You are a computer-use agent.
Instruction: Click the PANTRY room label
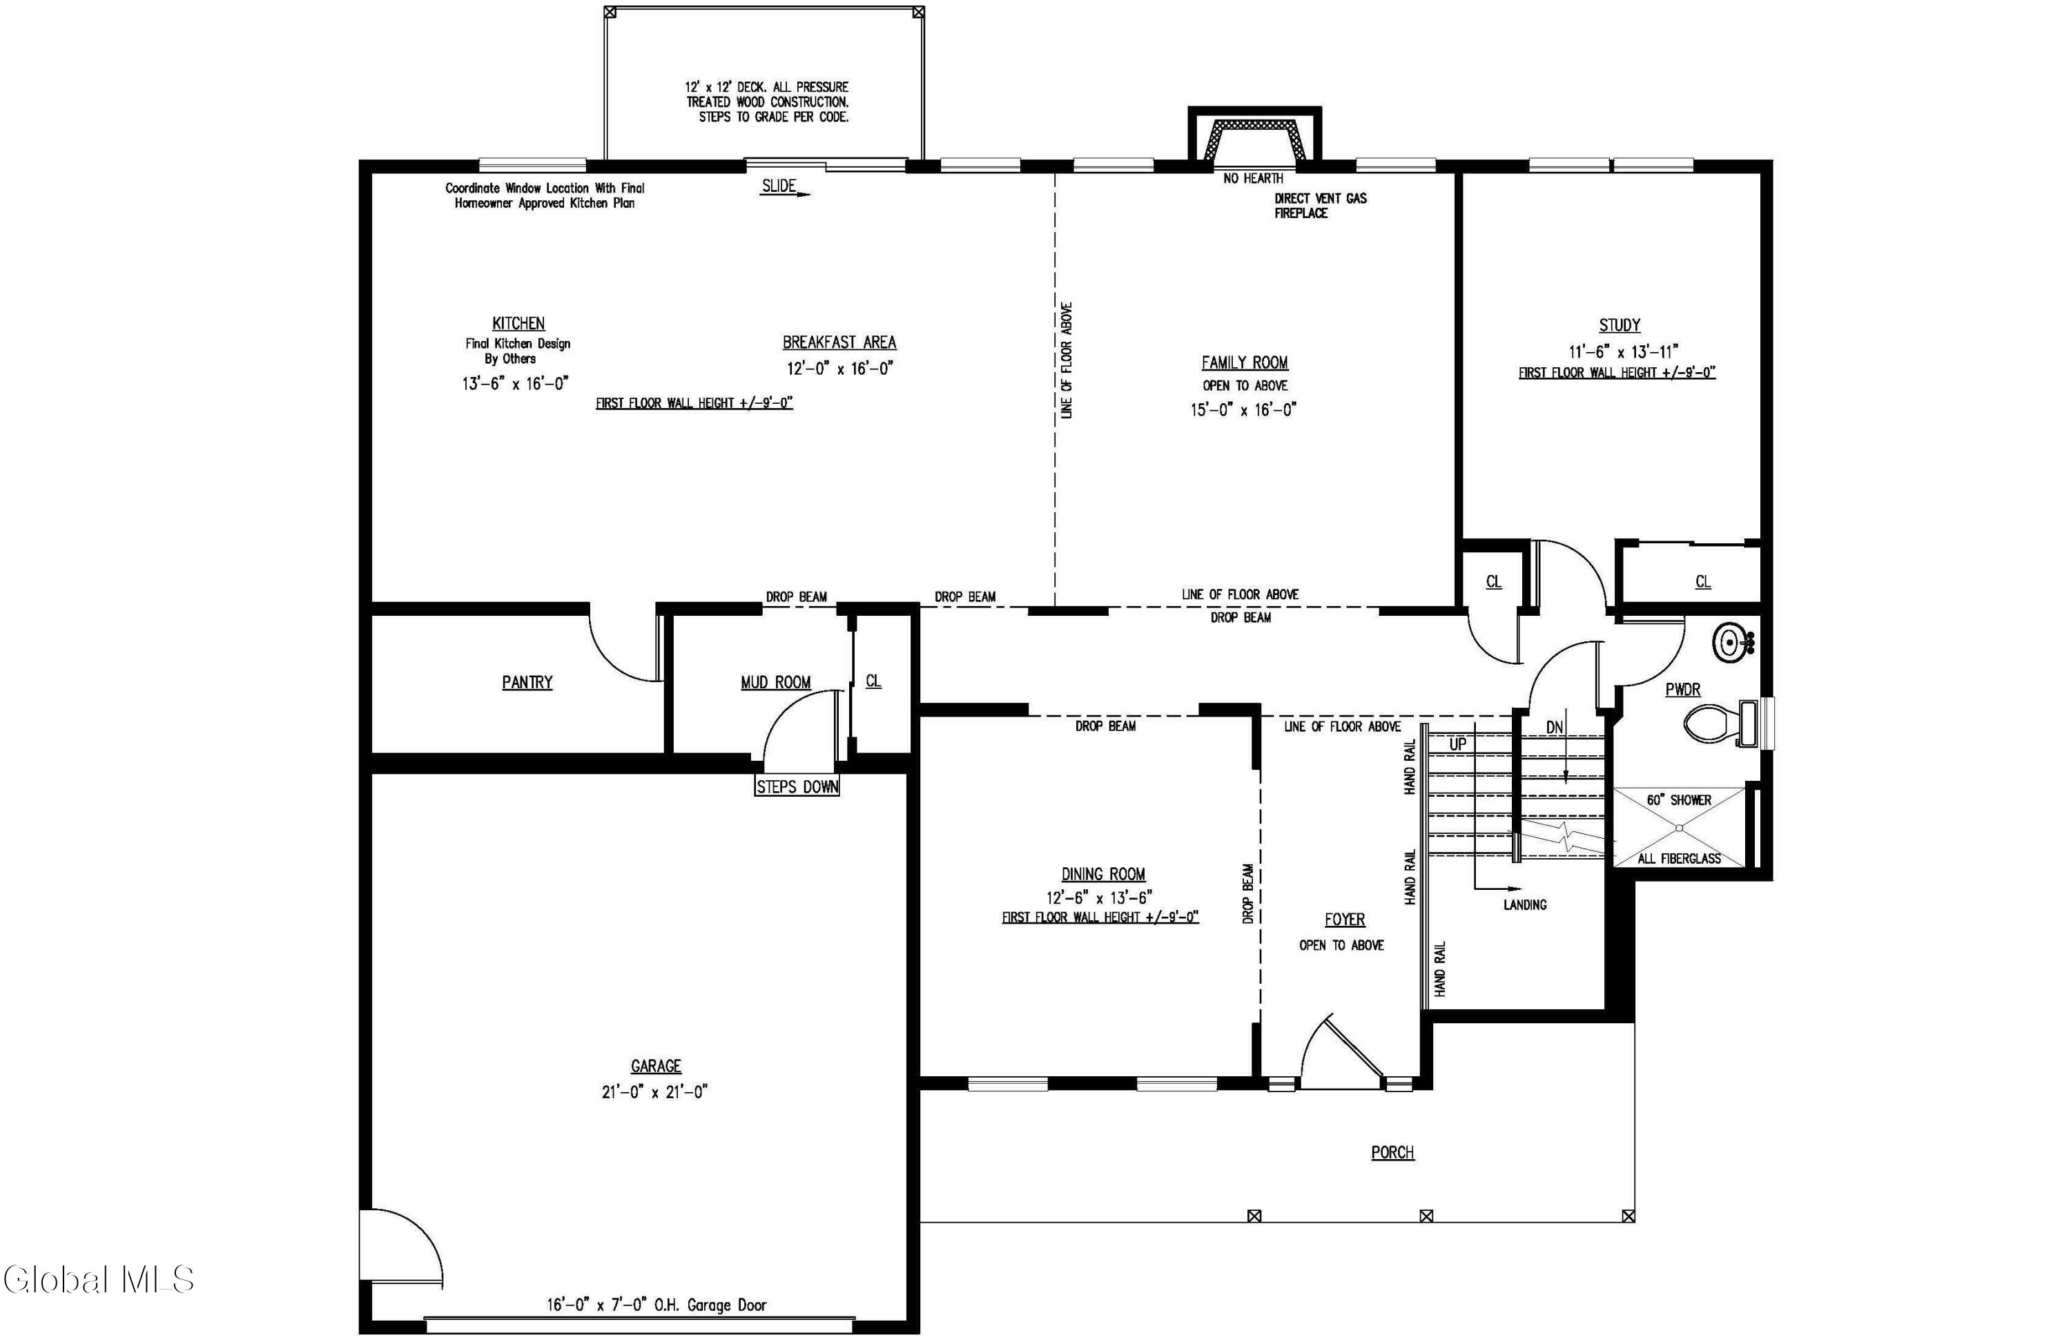527,682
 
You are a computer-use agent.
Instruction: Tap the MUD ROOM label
775,683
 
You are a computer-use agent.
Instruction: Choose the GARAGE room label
656,1066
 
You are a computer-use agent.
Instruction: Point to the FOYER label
1344,920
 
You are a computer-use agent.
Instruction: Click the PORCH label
1392,1153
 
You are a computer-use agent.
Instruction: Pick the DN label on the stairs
1555,728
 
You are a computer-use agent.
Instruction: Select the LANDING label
1524,905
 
